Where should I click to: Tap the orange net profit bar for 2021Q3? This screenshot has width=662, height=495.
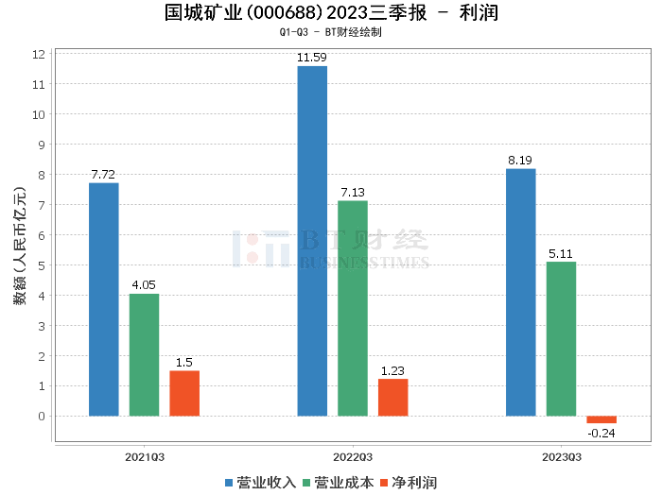click(184, 393)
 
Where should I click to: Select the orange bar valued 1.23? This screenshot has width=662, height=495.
click(392, 398)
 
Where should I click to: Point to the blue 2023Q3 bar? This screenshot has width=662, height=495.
click(520, 292)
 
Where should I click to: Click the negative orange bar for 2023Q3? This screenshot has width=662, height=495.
click(601, 419)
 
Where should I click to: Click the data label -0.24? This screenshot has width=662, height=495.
click(601, 434)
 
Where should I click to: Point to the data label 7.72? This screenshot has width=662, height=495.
click(103, 175)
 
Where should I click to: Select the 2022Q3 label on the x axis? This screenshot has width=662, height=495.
click(352, 457)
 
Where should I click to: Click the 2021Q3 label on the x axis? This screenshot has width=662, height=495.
click(145, 457)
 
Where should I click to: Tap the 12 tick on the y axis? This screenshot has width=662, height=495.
click(40, 54)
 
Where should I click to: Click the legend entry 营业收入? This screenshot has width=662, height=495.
click(260, 483)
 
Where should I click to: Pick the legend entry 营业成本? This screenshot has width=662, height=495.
click(338, 483)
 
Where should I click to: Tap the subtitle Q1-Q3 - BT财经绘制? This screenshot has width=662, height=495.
click(330, 32)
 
